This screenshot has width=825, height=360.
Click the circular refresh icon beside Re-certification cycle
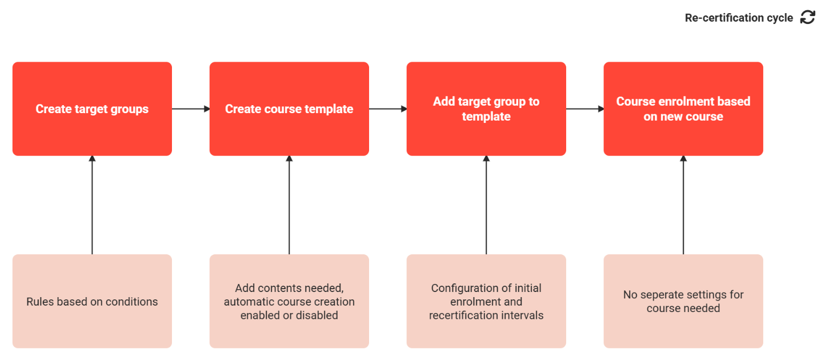[x=807, y=17]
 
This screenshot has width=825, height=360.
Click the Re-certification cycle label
[x=739, y=18]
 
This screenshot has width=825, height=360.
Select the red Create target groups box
[x=92, y=109]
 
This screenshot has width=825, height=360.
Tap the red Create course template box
[x=289, y=109]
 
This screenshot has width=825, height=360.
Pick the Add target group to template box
[x=486, y=109]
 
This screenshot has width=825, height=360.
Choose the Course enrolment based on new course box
[x=683, y=109]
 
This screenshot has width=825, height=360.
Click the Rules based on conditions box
[x=92, y=301]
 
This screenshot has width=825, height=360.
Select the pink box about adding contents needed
[x=289, y=301]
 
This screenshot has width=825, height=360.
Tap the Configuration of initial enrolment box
[x=486, y=301]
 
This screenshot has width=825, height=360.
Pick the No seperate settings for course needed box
[x=683, y=301]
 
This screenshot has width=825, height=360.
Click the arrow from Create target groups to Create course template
[x=191, y=109]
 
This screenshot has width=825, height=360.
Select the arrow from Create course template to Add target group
[x=388, y=109]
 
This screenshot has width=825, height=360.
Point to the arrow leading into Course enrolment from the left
[x=585, y=109]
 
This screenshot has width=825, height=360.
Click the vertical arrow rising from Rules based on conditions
[x=92, y=205]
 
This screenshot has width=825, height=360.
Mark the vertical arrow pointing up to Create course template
[x=289, y=205]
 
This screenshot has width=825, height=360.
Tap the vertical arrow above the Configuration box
[x=486, y=205]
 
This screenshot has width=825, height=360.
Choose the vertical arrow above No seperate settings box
[x=683, y=205]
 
